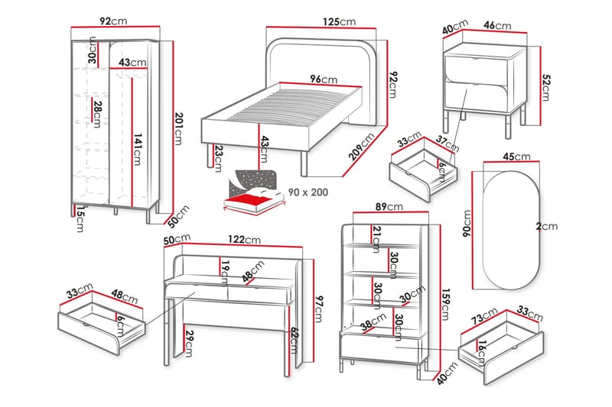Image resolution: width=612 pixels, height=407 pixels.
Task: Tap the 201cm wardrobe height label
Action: point(179,126)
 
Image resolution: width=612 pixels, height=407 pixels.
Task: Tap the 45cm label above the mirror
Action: point(516,157)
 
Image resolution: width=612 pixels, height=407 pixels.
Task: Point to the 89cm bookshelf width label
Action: point(389,206)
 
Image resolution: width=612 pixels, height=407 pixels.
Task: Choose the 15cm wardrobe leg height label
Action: point(79,219)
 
